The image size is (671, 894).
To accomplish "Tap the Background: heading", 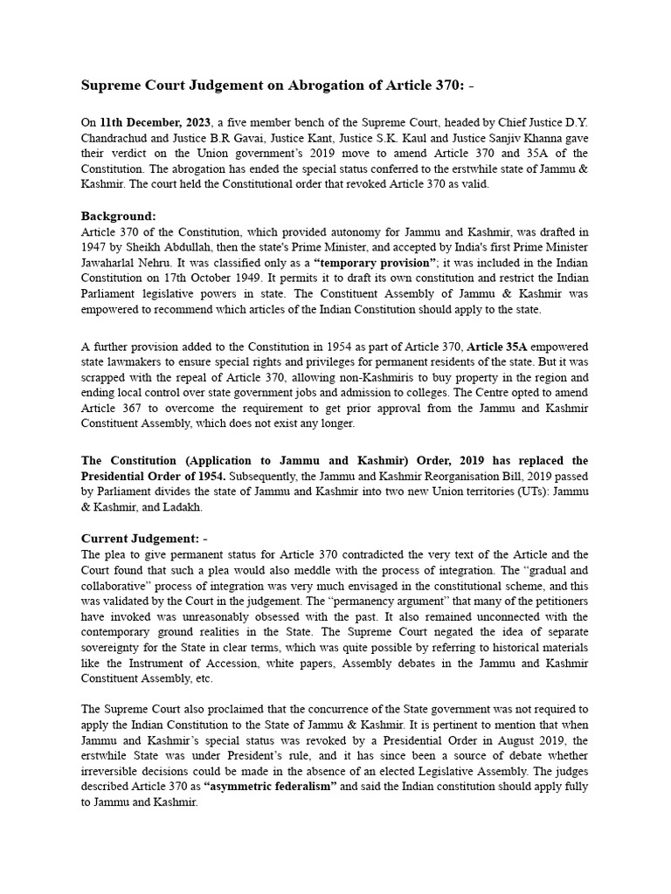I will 118,215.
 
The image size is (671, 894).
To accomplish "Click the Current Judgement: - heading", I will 144,538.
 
